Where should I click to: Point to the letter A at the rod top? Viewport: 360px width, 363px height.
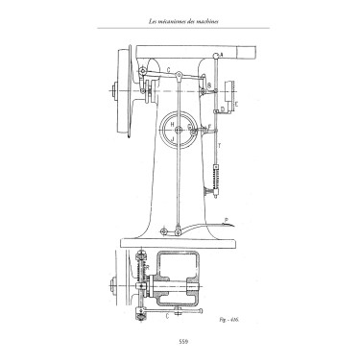223,55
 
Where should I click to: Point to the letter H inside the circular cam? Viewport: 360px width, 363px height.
171,123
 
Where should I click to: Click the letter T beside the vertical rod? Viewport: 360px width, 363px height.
219,144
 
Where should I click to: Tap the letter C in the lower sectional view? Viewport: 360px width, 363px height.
168,313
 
